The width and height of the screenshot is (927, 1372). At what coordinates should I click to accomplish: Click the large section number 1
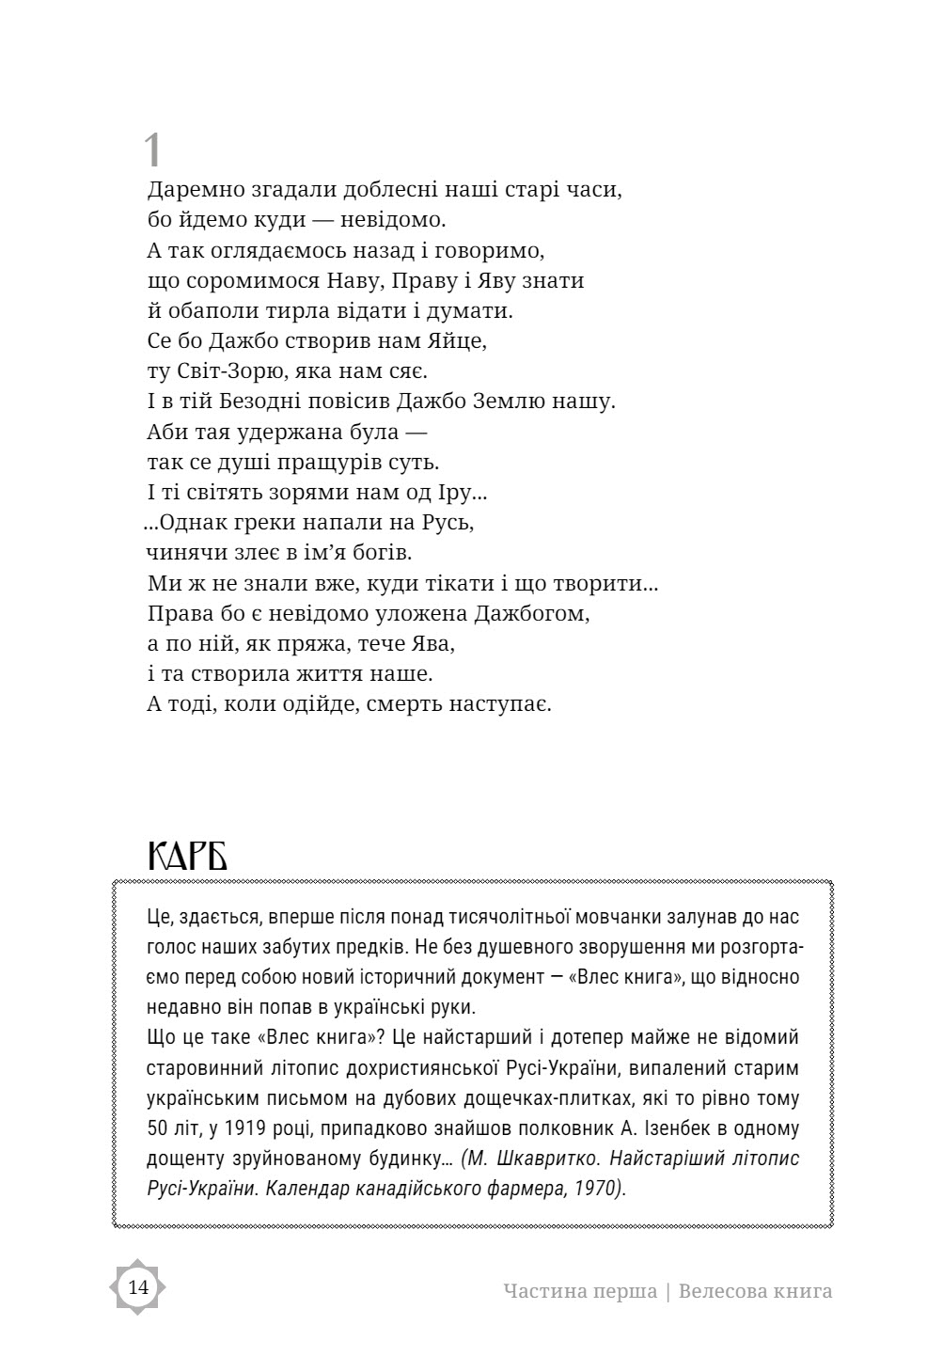pos(153,150)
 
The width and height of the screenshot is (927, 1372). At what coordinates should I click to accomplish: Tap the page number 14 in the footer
pos(138,1287)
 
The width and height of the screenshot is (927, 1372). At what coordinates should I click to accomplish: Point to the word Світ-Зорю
pos(231,371)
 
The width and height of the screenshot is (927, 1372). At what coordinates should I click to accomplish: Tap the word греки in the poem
pos(268,521)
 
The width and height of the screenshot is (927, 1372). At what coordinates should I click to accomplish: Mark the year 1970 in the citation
pos(597,1188)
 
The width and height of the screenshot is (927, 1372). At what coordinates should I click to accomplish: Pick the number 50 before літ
pos(158,1128)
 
